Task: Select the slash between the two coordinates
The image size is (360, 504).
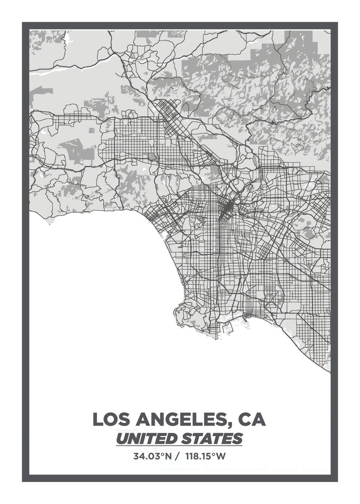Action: [179, 456]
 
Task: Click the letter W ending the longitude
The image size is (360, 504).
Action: [222, 456]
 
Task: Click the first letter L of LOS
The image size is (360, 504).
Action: [97, 419]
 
